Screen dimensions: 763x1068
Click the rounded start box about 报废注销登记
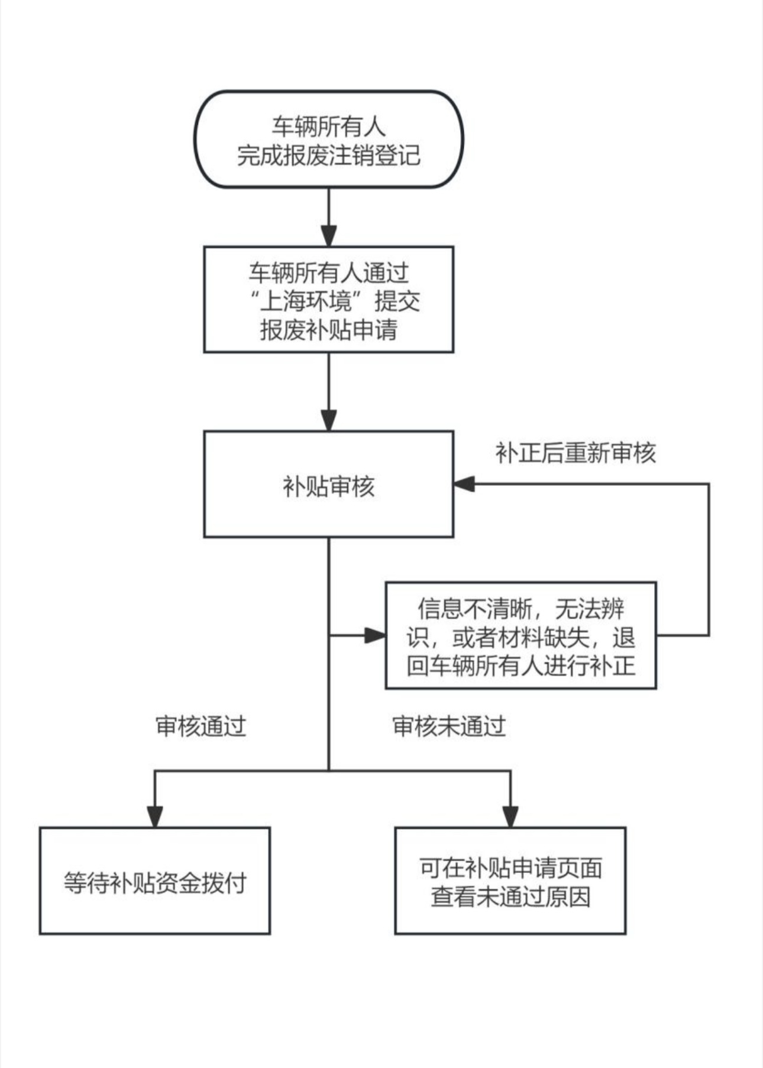pos(329,139)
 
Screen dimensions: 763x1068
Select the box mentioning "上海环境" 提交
pos(329,300)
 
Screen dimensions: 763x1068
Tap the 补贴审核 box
pos(329,485)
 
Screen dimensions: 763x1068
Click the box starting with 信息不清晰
pos(520,636)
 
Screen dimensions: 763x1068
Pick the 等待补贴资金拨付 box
pos(154,881)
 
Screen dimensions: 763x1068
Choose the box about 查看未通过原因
pos(510,881)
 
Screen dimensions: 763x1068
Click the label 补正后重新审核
pos(575,453)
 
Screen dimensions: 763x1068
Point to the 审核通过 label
pos(201,726)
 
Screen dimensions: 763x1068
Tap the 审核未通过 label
pos(449,726)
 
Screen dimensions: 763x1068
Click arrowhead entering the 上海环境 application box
pos(329,236)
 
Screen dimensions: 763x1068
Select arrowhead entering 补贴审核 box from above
pos(329,420)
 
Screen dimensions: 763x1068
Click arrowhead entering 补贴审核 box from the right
pos(464,484)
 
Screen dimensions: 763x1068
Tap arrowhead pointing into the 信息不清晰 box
pos(375,636)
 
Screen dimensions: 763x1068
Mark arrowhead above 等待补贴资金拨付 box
pos(154,816)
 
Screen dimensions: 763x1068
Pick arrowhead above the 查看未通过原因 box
pos(510,816)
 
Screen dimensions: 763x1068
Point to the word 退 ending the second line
pos(623,638)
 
